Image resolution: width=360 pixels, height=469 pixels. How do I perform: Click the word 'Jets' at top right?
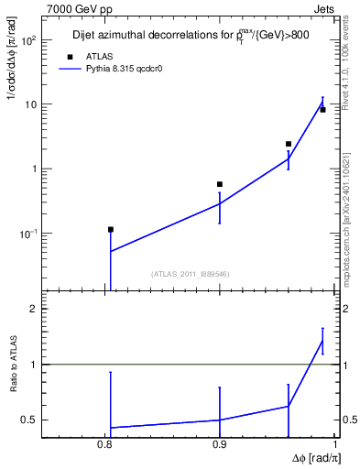tap(325, 8)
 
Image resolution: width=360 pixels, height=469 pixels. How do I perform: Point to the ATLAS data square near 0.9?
tap(220, 184)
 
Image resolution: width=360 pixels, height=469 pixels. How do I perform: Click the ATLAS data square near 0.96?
tap(289, 144)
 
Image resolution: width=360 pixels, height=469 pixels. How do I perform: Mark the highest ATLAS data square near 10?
tap(322, 110)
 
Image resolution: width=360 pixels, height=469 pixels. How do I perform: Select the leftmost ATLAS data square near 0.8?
tap(111, 230)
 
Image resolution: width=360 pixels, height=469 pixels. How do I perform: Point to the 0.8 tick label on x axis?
tap(105, 445)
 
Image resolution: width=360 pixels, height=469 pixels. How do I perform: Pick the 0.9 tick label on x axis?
tap(220, 445)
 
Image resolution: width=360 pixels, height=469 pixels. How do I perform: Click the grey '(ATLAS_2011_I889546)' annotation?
tap(189, 273)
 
